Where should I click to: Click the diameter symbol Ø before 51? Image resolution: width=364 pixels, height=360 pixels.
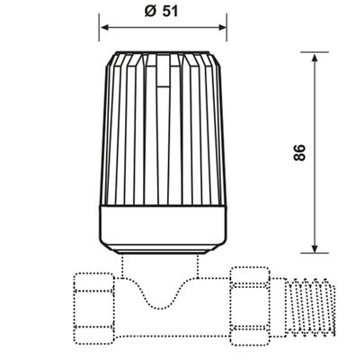point(150,12)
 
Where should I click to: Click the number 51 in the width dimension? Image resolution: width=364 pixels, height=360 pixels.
point(171,12)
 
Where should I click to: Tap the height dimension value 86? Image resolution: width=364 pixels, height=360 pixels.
point(299,153)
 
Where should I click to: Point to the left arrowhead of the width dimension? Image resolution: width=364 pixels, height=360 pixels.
point(105,28)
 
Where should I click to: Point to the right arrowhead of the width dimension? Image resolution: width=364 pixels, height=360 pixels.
point(222,28)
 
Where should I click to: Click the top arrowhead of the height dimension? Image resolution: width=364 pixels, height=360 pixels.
point(315,58)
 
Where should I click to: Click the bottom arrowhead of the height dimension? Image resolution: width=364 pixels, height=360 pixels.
point(315,248)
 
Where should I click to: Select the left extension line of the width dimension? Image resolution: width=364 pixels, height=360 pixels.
point(99,27)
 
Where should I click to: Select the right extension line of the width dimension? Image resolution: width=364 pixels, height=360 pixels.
point(226,27)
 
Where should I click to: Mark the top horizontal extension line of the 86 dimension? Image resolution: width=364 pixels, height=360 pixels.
point(315,52)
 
